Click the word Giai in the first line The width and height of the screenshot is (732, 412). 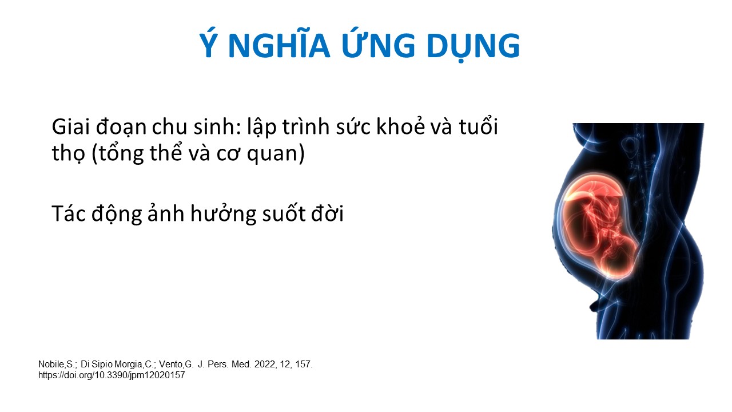tap(70, 126)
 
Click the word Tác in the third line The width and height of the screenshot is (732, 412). tap(69, 213)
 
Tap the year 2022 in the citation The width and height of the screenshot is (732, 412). tap(265, 365)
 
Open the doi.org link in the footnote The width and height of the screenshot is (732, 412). tap(112, 375)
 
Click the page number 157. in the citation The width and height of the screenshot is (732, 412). tap(304, 365)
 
